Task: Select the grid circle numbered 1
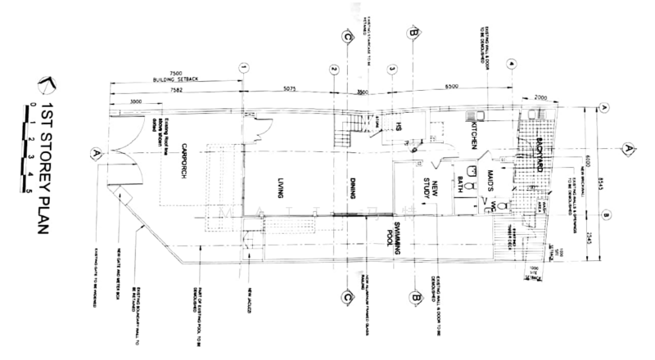243,69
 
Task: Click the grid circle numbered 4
511,64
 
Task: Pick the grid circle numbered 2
334,69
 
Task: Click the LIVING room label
280,187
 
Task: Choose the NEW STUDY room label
432,191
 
